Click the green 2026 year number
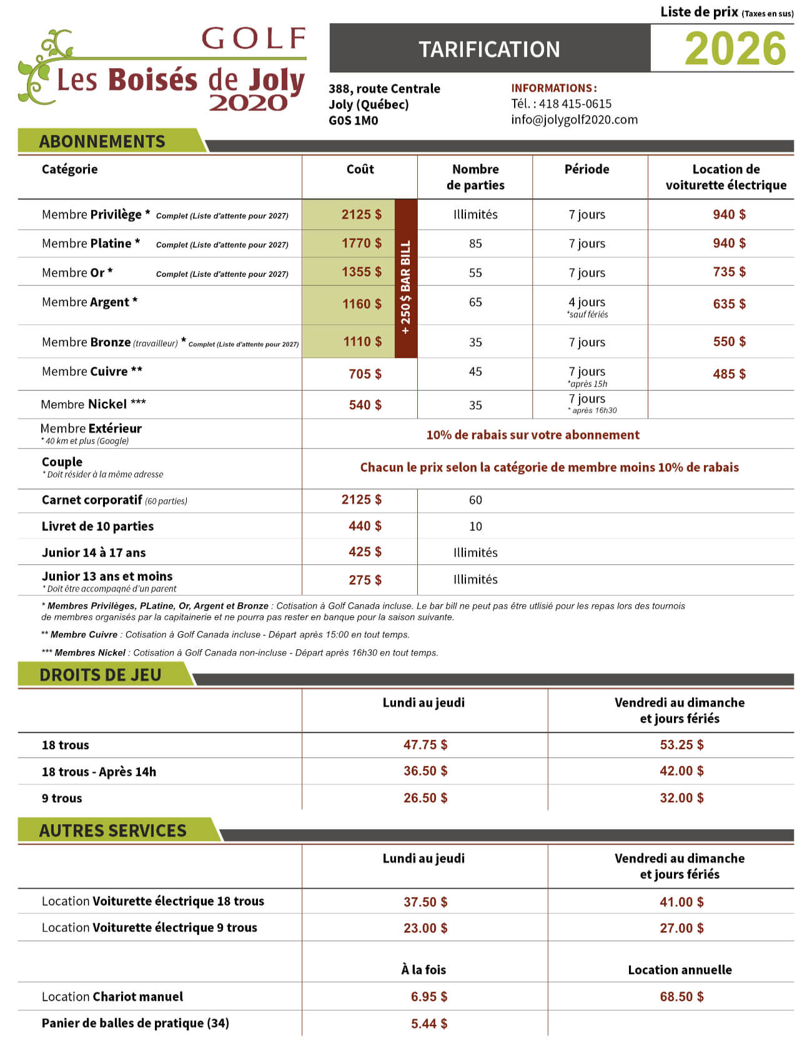point(735,49)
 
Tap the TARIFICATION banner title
point(489,49)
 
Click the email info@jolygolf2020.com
point(574,119)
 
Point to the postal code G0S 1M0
point(353,121)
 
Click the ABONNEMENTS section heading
point(102,141)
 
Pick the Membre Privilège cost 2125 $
point(361,214)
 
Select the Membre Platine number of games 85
point(475,244)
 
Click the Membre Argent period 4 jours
point(587,302)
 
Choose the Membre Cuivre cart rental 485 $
point(729,374)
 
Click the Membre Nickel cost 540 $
point(365,405)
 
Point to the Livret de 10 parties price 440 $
point(365,526)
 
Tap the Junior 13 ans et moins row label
point(107,576)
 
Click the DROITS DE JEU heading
point(100,675)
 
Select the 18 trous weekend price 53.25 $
point(681,744)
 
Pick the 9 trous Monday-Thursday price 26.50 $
point(425,797)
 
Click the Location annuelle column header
point(680,969)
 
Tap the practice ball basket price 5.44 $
point(428,1023)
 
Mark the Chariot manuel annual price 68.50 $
point(681,996)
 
